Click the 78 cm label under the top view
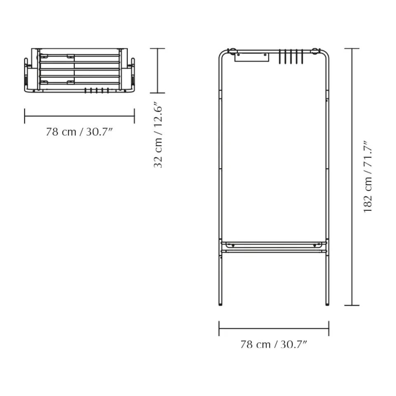[61, 132]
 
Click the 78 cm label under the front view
[255, 344]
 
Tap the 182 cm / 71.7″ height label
[368, 177]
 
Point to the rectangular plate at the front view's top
[252, 57]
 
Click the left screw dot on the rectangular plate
[238, 54]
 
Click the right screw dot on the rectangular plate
[265, 54]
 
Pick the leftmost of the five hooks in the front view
[280, 57]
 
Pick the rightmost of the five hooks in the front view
[302, 57]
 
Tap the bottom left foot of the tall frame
[221, 304]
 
